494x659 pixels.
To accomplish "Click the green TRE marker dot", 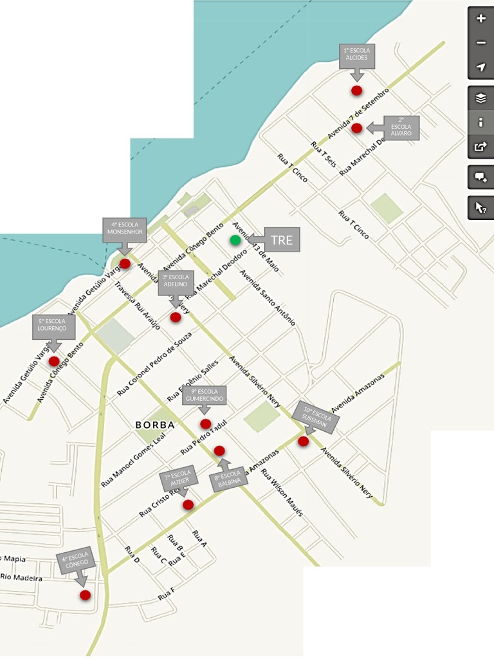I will [235, 240].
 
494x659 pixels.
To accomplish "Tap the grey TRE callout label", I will [281, 240].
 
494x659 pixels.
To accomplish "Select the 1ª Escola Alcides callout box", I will [356, 54].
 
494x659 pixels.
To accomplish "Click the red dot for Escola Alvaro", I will [357, 128].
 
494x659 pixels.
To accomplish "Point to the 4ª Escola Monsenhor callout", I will [125, 228].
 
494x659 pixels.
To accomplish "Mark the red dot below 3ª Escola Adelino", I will [176, 317].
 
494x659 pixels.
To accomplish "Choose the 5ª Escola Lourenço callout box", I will [53, 326].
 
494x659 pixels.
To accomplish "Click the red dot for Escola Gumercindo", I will [206, 423].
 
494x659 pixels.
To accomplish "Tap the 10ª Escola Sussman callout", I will [315, 417].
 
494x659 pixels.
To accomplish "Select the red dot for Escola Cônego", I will [85, 595].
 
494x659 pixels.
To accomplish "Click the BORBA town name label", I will [155, 425].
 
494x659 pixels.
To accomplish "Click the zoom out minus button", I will [480, 43].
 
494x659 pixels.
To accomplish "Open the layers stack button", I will [480, 98].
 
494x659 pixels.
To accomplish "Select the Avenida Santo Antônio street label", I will [268, 297].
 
